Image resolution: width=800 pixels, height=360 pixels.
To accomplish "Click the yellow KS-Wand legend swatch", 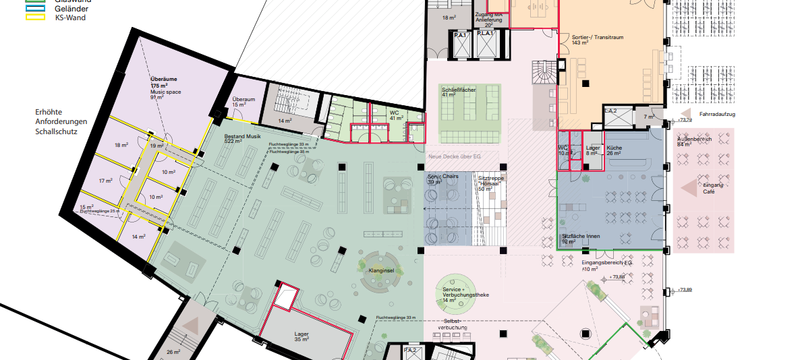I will click(x=34, y=18).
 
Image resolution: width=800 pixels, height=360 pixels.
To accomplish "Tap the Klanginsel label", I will click(x=381, y=270).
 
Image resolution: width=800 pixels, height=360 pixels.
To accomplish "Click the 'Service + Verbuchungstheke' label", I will click(x=465, y=292).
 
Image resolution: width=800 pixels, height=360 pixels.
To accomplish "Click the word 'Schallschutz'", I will click(x=56, y=132).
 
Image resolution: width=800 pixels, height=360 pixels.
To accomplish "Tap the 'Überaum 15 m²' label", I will click(x=243, y=101).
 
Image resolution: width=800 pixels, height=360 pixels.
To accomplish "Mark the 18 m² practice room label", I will click(x=121, y=145).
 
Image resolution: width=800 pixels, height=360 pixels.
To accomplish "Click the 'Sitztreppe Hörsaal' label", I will click(x=491, y=181).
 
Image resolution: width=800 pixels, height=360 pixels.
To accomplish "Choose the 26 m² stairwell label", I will click(x=173, y=352).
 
